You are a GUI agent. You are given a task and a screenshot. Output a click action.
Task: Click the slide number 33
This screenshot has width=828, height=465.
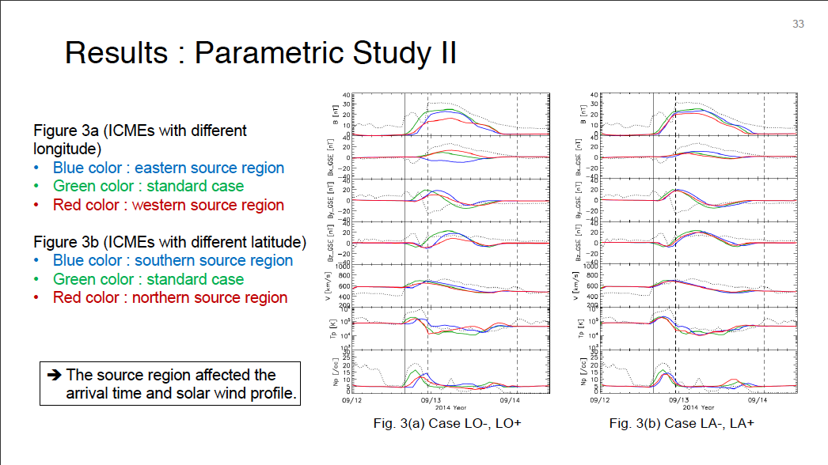(x=798, y=24)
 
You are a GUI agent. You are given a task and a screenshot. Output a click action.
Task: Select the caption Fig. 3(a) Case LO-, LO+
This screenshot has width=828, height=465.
(x=446, y=424)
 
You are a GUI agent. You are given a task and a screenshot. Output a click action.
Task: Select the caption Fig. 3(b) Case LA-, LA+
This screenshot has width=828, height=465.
(x=682, y=424)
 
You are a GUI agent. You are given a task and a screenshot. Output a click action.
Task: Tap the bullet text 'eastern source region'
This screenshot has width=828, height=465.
(x=209, y=168)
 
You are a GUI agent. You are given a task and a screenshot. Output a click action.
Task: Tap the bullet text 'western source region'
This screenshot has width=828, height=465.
(x=211, y=205)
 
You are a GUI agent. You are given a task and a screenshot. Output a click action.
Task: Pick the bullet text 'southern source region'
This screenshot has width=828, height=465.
(x=214, y=260)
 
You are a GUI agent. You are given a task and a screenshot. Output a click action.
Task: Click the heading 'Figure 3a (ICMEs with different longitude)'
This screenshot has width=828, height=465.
(x=140, y=138)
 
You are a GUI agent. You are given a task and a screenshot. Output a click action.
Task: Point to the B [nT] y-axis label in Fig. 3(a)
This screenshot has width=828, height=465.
(x=335, y=113)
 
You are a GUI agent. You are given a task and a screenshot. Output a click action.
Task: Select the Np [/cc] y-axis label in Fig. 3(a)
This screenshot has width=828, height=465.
(x=335, y=369)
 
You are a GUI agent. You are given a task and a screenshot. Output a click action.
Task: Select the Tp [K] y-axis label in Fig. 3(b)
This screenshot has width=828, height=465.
(x=583, y=327)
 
